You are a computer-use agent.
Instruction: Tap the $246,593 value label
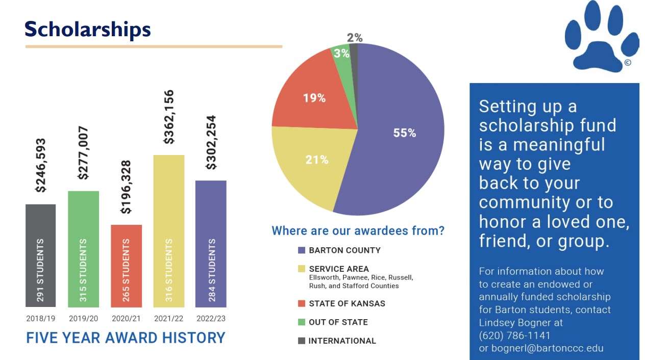point(41,165)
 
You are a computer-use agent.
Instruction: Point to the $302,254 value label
point(211,142)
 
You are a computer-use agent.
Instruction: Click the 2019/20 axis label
point(83,319)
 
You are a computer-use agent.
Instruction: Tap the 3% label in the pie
point(342,53)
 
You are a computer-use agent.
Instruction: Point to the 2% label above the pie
point(355,38)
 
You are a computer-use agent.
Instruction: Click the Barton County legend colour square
point(302,250)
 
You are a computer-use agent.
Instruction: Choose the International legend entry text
point(342,341)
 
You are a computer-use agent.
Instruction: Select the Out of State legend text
point(338,322)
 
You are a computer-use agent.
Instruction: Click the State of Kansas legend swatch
point(302,303)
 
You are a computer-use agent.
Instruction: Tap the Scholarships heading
point(88,29)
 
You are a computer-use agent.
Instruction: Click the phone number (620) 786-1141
point(514,336)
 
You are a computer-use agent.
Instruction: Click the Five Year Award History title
point(126,338)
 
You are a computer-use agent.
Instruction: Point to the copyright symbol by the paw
point(627,63)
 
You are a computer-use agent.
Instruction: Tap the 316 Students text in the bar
point(169,270)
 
